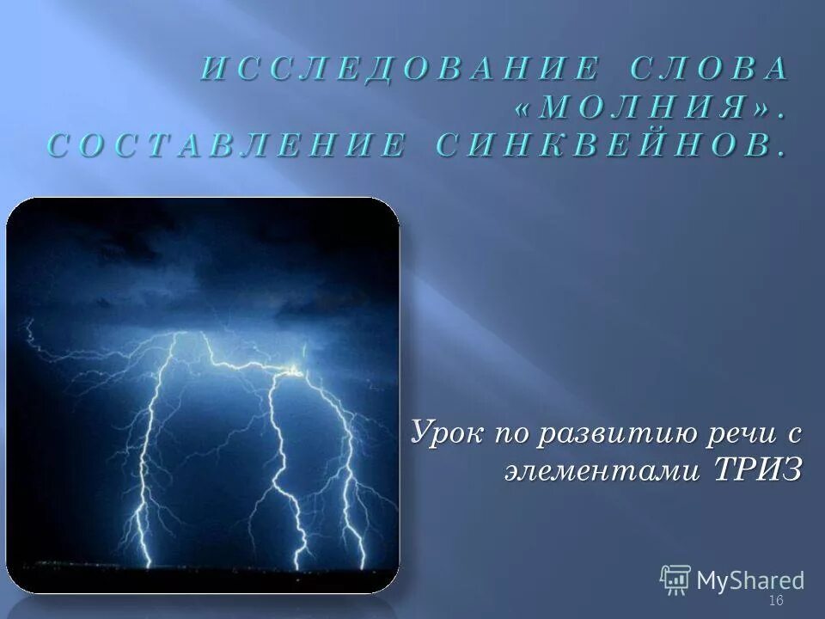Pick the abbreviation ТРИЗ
tap(756, 469)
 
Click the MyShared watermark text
tap(750, 579)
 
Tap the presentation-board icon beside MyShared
tap(676, 579)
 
